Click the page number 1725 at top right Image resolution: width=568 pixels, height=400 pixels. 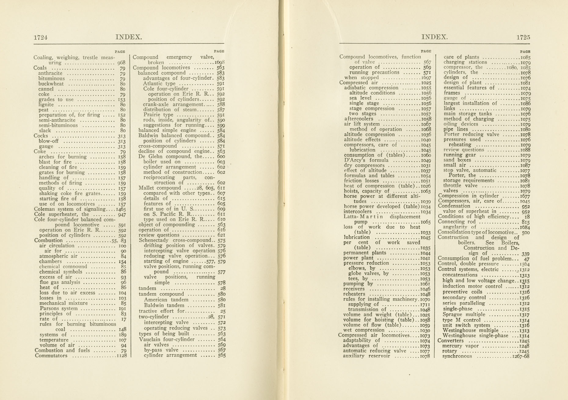click(x=523, y=37)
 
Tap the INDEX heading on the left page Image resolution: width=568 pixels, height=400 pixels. click(x=129, y=37)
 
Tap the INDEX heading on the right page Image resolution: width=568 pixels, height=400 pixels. click(x=434, y=37)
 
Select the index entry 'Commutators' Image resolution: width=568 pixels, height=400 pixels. click(x=51, y=356)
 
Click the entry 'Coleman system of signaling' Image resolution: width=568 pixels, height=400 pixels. click(x=70, y=209)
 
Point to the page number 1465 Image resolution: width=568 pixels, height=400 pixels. click(x=121, y=209)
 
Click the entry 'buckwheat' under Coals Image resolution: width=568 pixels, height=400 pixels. click(x=51, y=84)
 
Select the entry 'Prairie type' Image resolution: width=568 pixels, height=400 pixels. click(x=158, y=115)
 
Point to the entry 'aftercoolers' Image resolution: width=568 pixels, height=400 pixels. click(x=359, y=119)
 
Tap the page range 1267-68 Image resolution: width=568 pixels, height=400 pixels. click(x=521, y=356)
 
